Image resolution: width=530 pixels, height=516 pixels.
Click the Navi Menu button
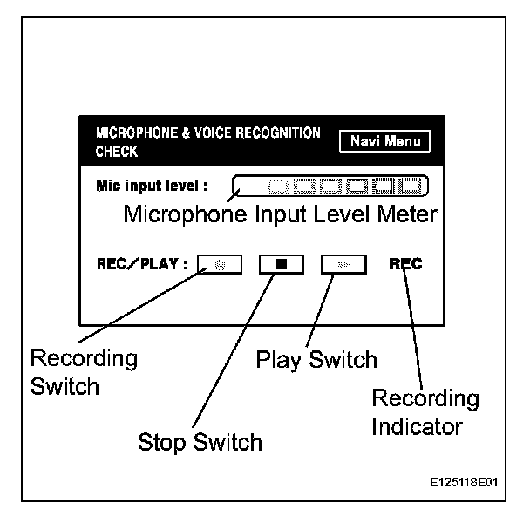[384, 142]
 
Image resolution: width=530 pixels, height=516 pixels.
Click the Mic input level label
[153, 185]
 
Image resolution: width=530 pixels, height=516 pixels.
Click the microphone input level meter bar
[332, 185]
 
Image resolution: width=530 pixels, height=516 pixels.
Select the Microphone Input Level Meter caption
[280, 214]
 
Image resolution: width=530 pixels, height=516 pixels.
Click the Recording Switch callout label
[84, 371]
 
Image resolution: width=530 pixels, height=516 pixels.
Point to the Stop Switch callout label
[200, 442]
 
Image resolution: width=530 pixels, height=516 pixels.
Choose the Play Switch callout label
[316, 359]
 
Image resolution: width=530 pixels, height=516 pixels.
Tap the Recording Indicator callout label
[425, 413]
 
